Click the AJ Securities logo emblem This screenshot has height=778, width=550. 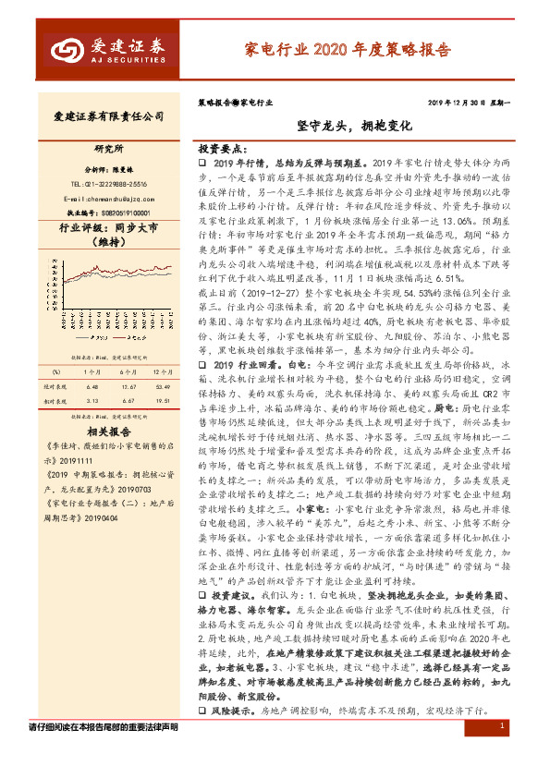[x=69, y=48]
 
